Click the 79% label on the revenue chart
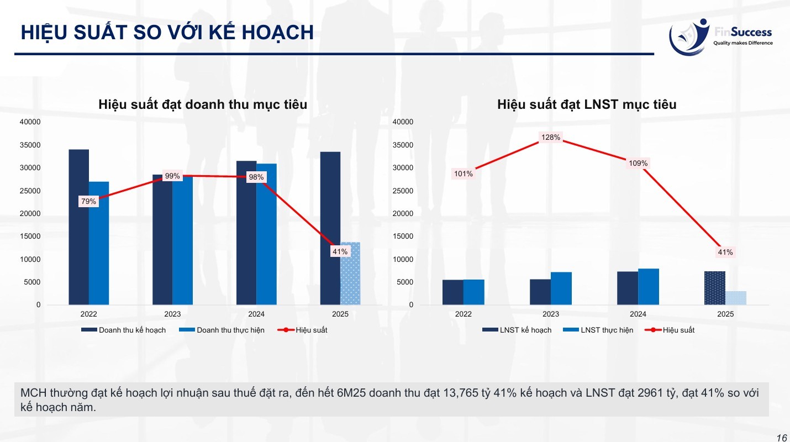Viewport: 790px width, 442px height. pyautogui.click(x=88, y=202)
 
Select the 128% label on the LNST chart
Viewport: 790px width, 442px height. pyautogui.click(x=551, y=137)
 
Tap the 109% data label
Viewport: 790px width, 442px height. pyautogui.click(x=638, y=164)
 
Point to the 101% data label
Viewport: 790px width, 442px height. pyautogui.click(x=463, y=174)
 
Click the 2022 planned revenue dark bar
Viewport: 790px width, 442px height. pyautogui.click(x=78, y=227)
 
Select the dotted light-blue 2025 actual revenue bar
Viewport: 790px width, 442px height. pyautogui.click(x=350, y=273)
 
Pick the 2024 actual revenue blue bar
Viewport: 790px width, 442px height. pyautogui.click(x=267, y=234)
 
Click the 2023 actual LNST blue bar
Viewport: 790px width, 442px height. pyautogui.click(x=561, y=288)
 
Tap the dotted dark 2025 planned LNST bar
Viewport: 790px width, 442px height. pyautogui.click(x=715, y=288)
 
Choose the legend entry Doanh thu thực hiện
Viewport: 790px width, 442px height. pyautogui.click(x=222, y=330)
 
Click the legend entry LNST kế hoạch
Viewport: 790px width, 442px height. pyautogui.click(x=517, y=330)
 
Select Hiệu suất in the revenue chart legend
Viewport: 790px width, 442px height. pyautogui.click(x=303, y=330)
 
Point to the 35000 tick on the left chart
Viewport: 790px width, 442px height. pyautogui.click(x=30, y=145)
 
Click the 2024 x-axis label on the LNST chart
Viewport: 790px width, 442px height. pyautogui.click(x=638, y=314)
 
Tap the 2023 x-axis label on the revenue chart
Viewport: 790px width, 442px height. pyautogui.click(x=172, y=314)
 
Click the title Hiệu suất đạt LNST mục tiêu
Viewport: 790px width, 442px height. pyautogui.click(x=587, y=104)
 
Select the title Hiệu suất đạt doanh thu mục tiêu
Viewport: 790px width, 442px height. pyautogui.click(x=203, y=104)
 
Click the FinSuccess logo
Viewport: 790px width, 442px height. pyautogui.click(x=720, y=36)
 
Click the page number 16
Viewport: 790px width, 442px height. pyautogui.click(x=782, y=438)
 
